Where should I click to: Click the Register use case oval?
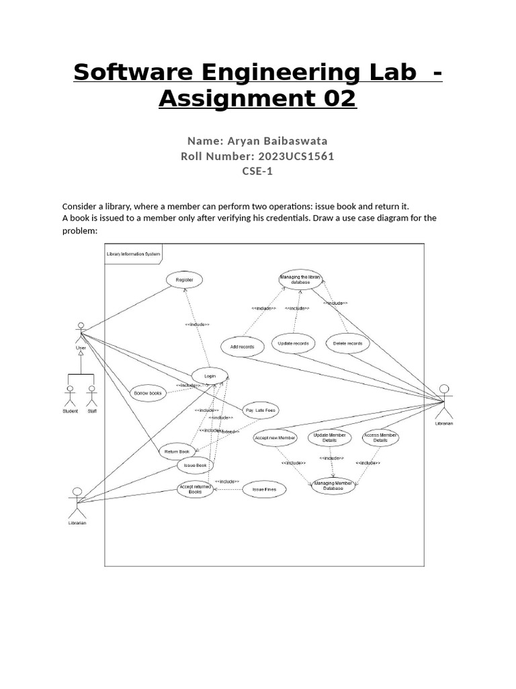click(183, 279)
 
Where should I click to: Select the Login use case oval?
click(210, 376)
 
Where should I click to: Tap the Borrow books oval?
click(147, 393)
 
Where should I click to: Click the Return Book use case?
click(177, 451)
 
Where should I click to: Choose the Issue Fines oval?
click(264, 489)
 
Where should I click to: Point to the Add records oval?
click(241, 347)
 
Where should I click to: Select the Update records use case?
click(294, 343)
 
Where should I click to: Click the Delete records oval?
click(347, 343)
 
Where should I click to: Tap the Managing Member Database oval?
click(333, 486)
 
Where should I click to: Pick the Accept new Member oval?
click(275, 438)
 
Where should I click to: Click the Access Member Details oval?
click(380, 438)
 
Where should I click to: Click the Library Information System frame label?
click(133, 254)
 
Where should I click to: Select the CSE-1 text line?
click(257, 171)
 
